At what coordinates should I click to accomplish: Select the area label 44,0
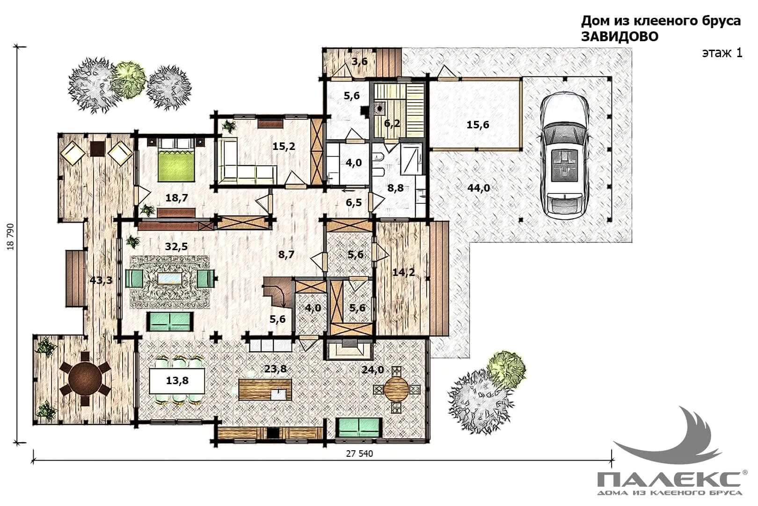pyautogui.click(x=479, y=187)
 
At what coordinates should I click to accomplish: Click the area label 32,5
pyautogui.click(x=176, y=246)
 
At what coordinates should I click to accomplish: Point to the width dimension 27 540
pyautogui.click(x=359, y=454)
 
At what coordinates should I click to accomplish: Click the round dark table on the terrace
pyautogui.click(x=85, y=378)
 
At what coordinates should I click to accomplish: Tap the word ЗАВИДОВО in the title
pyautogui.click(x=620, y=37)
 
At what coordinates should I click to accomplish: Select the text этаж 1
pyautogui.click(x=722, y=53)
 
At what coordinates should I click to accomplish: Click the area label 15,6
pyautogui.click(x=478, y=125)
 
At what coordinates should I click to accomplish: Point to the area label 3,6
pyautogui.click(x=359, y=62)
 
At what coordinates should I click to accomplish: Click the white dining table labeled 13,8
pyautogui.click(x=177, y=380)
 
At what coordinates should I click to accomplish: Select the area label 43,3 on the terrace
pyautogui.click(x=101, y=280)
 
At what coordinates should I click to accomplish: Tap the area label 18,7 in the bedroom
pyautogui.click(x=176, y=198)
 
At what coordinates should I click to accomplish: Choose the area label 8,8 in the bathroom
pyautogui.click(x=395, y=188)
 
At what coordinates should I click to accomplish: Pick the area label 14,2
pyautogui.click(x=404, y=272)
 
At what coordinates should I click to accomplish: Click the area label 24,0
pyautogui.click(x=372, y=370)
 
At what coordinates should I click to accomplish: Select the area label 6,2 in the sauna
pyautogui.click(x=392, y=123)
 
